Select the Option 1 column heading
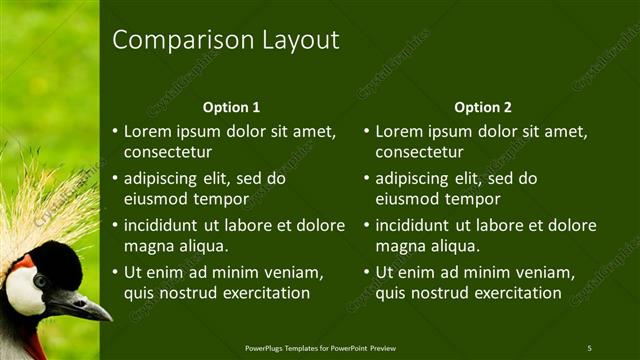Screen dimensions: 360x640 click(231, 107)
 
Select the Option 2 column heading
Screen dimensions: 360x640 click(482, 107)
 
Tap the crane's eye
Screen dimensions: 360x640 click(40, 281)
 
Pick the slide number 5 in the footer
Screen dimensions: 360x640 click(589, 348)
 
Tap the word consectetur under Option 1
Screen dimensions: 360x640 click(168, 152)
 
